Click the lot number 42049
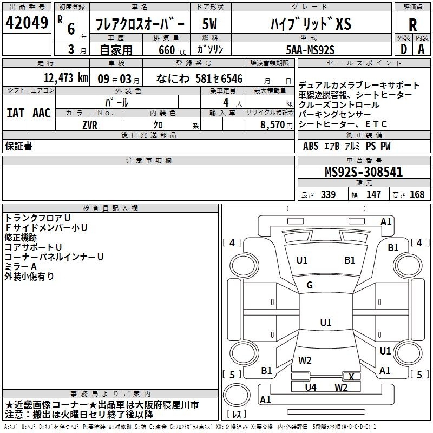pyautogui.click(x=27, y=23)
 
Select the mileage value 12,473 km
pyautogui.click(x=66, y=78)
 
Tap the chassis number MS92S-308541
pyautogui.click(x=364, y=172)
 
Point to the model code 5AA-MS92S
pyautogui.click(x=310, y=50)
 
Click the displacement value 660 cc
pyautogui.click(x=172, y=50)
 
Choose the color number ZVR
pyautogui.click(x=90, y=125)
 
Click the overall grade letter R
pyautogui.click(x=412, y=25)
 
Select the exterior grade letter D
pyautogui.click(x=404, y=49)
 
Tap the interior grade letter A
pyautogui.click(x=421, y=49)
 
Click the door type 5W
pyautogui.click(x=209, y=24)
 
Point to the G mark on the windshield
pyautogui.click(x=310, y=285)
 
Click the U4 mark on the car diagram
pyautogui.click(x=311, y=388)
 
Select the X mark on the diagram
pyautogui.click(x=351, y=377)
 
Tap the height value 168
pyautogui.click(x=417, y=194)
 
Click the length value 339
pyautogui.click(x=329, y=194)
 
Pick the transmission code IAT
pyautogui.click(x=16, y=113)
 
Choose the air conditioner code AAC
pyautogui.click(x=42, y=113)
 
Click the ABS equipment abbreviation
pyautogui.click(x=311, y=146)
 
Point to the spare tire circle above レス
pyautogui.click(x=237, y=395)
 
